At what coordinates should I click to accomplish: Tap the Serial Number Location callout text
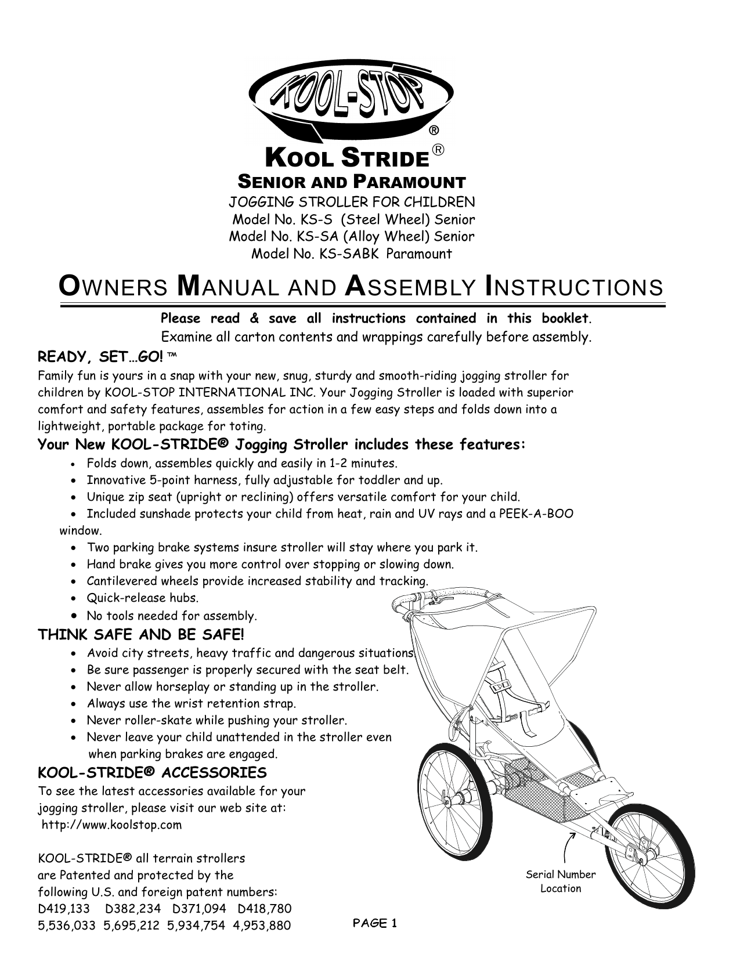(x=560, y=881)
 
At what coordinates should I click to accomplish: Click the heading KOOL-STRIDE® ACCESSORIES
(x=152, y=773)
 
